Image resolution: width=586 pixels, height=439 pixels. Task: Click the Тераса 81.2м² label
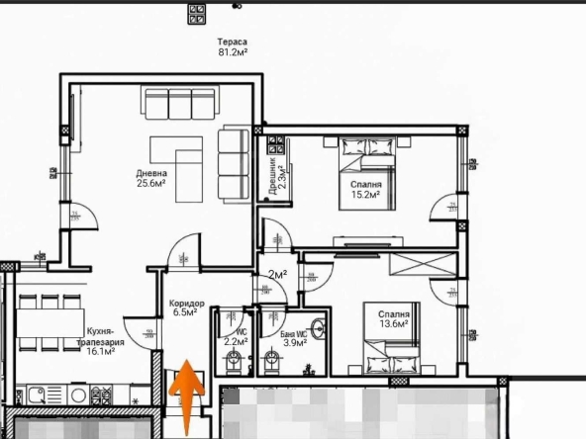(233, 48)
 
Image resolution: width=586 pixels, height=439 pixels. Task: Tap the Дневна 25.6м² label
(150, 178)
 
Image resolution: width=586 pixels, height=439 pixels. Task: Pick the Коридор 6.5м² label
(187, 307)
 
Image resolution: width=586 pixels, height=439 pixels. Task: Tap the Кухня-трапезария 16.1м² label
(101, 341)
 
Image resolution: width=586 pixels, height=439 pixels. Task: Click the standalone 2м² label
(278, 274)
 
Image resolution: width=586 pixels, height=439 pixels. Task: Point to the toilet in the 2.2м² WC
(231, 365)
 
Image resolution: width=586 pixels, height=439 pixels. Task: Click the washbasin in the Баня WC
(319, 330)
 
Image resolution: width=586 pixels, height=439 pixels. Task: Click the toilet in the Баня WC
(272, 365)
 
